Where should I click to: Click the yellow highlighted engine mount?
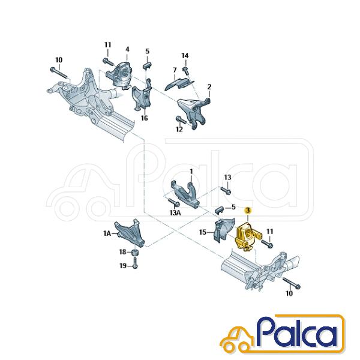246,236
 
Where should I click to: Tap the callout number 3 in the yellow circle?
248,210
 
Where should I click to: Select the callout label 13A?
175,213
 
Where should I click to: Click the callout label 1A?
107,234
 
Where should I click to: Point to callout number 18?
123,252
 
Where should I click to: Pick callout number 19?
123,266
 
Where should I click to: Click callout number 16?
145,118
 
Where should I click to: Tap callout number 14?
185,56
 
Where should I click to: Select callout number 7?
175,70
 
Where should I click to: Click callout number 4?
127,49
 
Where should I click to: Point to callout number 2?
209,87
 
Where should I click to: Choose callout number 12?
179,130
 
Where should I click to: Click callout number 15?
203,232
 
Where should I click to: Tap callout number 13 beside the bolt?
227,178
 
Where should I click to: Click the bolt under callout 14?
185,70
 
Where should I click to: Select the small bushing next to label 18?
135,253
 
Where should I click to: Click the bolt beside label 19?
135,263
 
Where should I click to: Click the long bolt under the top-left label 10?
59,73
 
